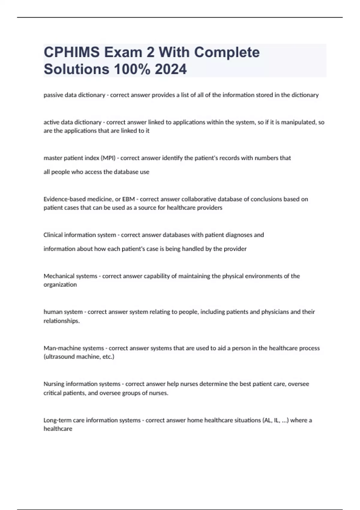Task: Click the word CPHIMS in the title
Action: coord(72,52)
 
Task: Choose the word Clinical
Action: coord(53,235)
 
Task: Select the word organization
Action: coord(60,285)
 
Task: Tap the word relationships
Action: coord(61,321)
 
